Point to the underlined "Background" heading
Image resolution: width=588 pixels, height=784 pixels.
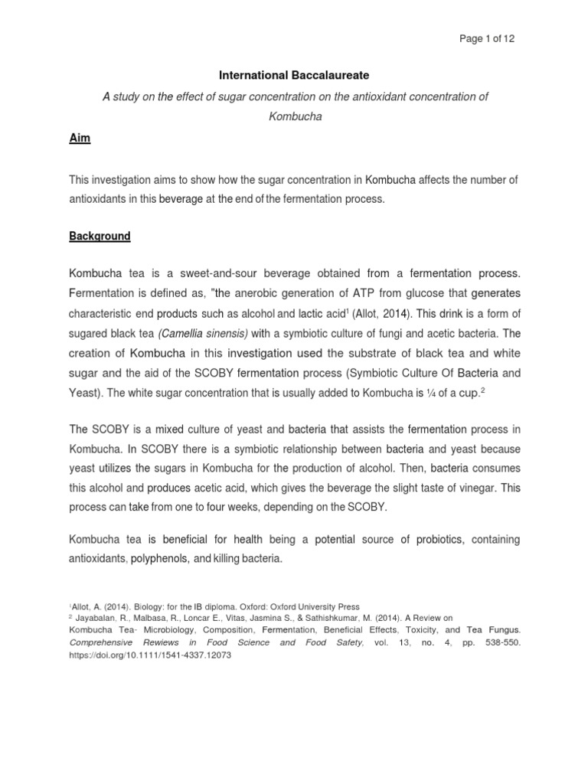[x=100, y=237]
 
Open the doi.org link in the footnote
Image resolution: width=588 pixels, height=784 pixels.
[x=138, y=655]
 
